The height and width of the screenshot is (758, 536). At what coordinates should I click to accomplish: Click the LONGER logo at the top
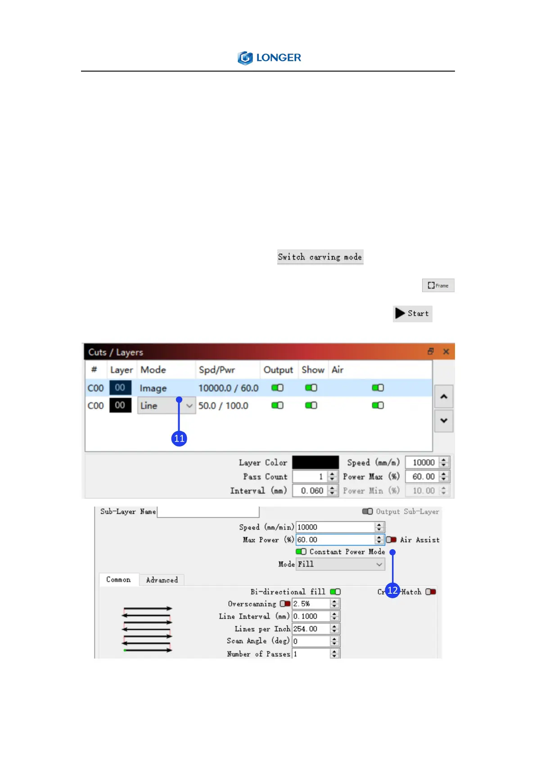tap(269, 58)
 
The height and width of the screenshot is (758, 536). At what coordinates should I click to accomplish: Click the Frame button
tap(438, 285)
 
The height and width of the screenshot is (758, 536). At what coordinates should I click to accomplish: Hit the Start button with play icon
tap(412, 314)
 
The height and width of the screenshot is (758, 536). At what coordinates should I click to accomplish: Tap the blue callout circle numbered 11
tap(179, 438)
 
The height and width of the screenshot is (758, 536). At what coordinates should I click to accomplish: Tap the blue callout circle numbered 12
tap(392, 591)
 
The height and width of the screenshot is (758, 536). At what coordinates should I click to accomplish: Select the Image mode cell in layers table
tap(153, 388)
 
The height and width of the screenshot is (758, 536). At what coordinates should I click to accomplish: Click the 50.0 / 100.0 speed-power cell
tap(223, 406)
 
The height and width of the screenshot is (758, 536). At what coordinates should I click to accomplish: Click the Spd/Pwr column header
tap(217, 370)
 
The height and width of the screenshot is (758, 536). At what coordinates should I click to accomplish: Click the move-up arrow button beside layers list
tap(443, 397)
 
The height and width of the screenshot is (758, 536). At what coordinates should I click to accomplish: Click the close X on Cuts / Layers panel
tap(446, 352)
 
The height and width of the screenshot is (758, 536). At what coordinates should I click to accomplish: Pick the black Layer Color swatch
tap(315, 462)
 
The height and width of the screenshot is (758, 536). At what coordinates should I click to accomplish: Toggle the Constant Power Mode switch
tap(301, 552)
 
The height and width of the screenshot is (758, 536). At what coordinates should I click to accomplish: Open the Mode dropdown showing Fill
tap(340, 564)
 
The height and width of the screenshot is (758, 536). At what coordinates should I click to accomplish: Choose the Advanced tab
tap(162, 580)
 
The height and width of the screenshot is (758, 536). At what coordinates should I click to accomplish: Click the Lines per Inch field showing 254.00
tap(311, 629)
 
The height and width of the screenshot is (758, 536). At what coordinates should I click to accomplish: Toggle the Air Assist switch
tap(391, 540)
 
